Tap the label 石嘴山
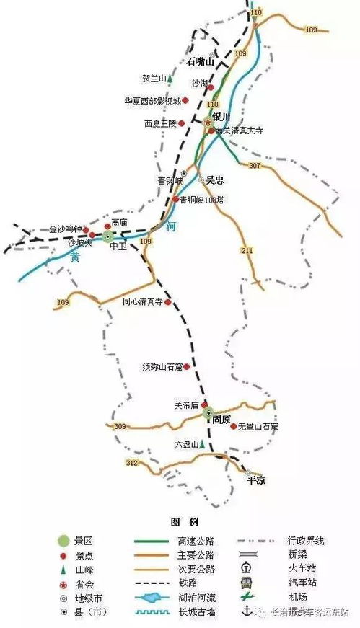201,61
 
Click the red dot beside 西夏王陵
182,123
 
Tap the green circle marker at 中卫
108,236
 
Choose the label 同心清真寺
142,302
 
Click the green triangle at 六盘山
202,445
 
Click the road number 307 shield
254,165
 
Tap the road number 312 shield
131,462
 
